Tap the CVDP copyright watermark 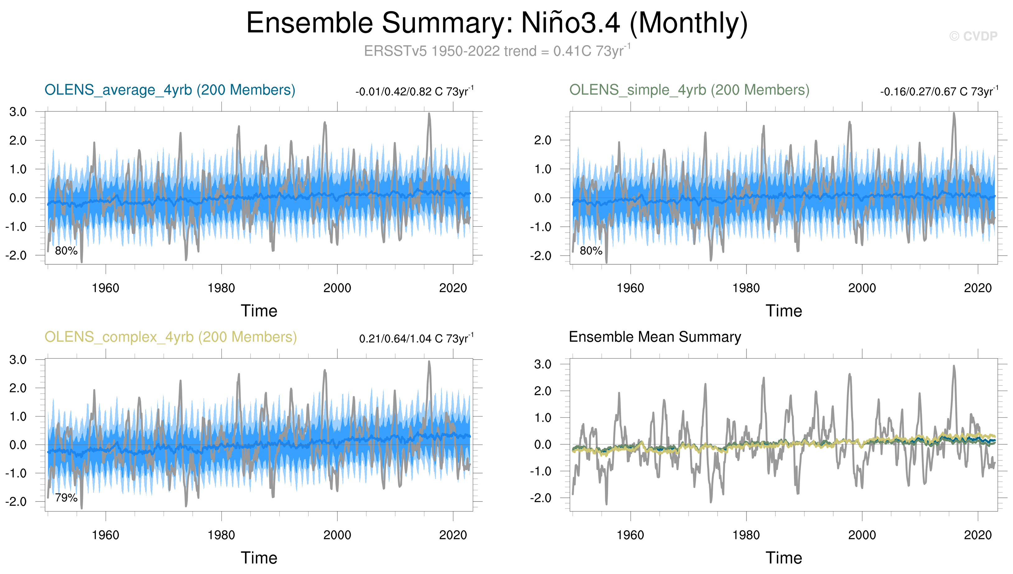(x=973, y=36)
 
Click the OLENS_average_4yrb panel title (x=170, y=90)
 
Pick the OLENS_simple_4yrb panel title (x=689, y=90)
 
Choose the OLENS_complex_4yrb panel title (x=170, y=337)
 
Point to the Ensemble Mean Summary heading (x=655, y=337)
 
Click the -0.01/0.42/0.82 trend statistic (x=414, y=92)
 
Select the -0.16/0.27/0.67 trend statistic (x=939, y=92)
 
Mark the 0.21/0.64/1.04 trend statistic (x=416, y=339)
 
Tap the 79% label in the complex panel (x=66, y=498)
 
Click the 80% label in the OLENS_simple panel (x=591, y=251)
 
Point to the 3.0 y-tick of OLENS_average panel (x=18, y=112)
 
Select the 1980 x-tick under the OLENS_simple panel (x=746, y=288)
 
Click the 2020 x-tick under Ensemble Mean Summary (x=978, y=535)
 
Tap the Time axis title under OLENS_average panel (x=259, y=311)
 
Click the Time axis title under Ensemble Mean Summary (x=784, y=558)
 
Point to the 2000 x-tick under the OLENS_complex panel (x=337, y=535)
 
